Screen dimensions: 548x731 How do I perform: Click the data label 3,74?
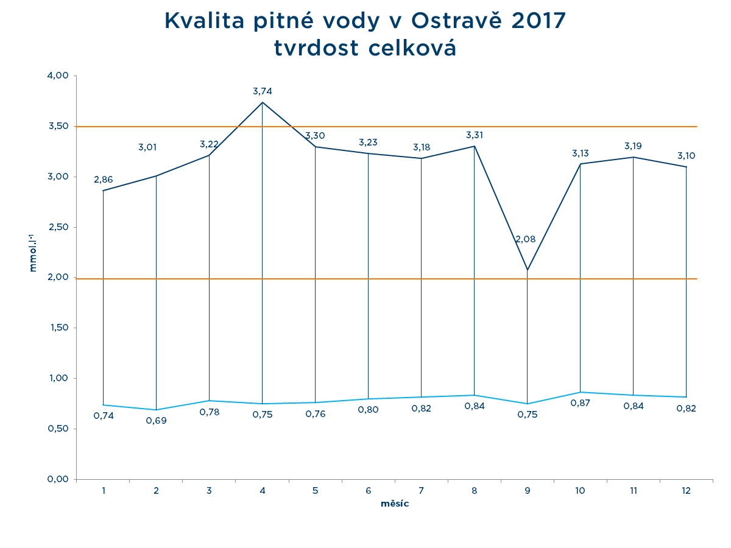pos(262,91)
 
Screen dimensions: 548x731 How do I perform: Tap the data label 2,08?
pos(525,239)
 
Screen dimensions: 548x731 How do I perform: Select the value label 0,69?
pos(156,420)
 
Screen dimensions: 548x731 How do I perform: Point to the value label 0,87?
pos(580,403)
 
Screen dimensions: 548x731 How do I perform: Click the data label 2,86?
pos(103,180)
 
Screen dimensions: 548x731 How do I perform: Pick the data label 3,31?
pos(475,135)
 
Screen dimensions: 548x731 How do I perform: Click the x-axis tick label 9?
pos(527,490)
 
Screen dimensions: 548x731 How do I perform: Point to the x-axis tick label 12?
pos(686,490)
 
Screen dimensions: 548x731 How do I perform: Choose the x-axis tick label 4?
pos(262,490)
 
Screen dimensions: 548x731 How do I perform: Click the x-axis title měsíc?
pos(395,504)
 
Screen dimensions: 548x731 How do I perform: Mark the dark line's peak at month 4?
pos(262,102)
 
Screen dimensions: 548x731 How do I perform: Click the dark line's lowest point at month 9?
pos(527,270)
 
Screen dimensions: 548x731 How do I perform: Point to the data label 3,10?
pos(686,156)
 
